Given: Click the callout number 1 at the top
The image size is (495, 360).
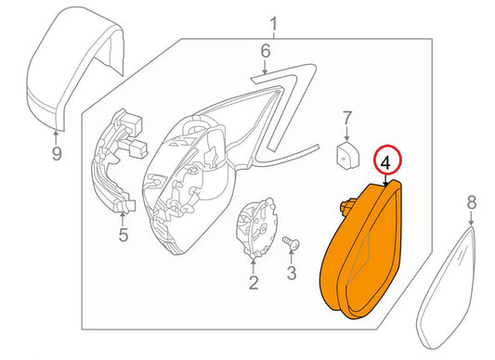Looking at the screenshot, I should [274, 21].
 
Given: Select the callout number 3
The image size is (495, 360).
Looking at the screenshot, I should [290, 273].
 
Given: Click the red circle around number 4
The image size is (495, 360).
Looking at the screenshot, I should [383, 160].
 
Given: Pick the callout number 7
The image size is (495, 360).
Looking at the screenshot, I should [346, 118].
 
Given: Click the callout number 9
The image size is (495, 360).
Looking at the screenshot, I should [56, 154].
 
